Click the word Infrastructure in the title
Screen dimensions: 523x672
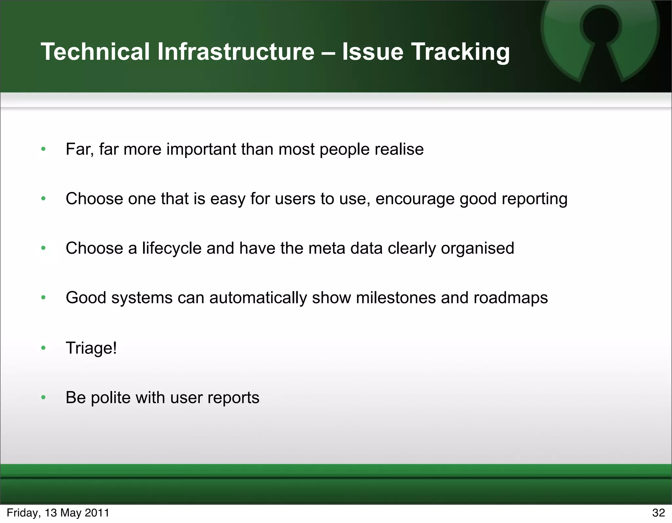tap(236, 52)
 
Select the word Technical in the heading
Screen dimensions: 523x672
tap(95, 52)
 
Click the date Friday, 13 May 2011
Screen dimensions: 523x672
tap(58, 513)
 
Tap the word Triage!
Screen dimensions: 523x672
tap(91, 348)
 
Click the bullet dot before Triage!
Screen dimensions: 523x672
tap(43, 348)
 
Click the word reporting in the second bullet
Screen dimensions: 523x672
tap(535, 199)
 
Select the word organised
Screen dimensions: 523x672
tap(477, 249)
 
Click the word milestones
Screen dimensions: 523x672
tap(396, 298)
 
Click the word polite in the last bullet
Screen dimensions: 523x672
tap(111, 398)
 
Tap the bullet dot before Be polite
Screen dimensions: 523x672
tap(43, 398)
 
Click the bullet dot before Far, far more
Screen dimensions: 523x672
tap(43, 149)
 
